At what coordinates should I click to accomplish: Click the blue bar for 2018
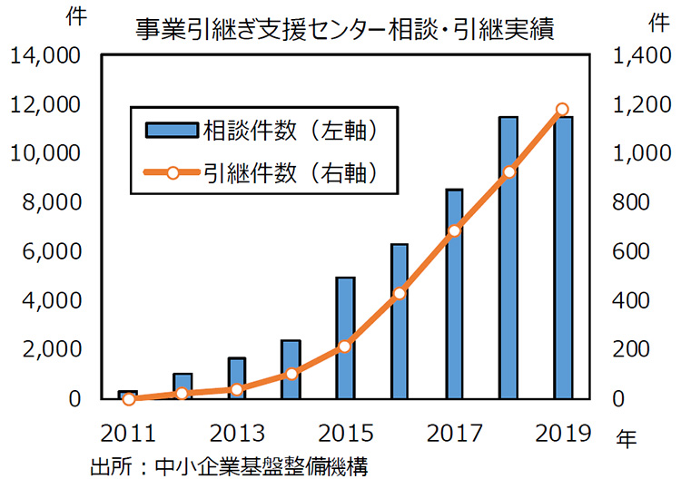pyautogui.click(x=508, y=258)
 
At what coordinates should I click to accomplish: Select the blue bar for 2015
pyautogui.click(x=345, y=337)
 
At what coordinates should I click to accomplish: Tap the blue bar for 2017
pyautogui.click(x=454, y=294)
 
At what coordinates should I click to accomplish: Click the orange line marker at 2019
pyautogui.click(x=562, y=110)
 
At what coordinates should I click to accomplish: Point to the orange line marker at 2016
pyautogui.click(x=400, y=293)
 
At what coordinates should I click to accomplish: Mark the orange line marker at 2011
pyautogui.click(x=129, y=398)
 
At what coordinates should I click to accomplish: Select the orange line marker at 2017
pyautogui.click(x=454, y=230)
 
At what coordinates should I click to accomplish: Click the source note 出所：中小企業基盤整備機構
pyautogui.click(x=229, y=466)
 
